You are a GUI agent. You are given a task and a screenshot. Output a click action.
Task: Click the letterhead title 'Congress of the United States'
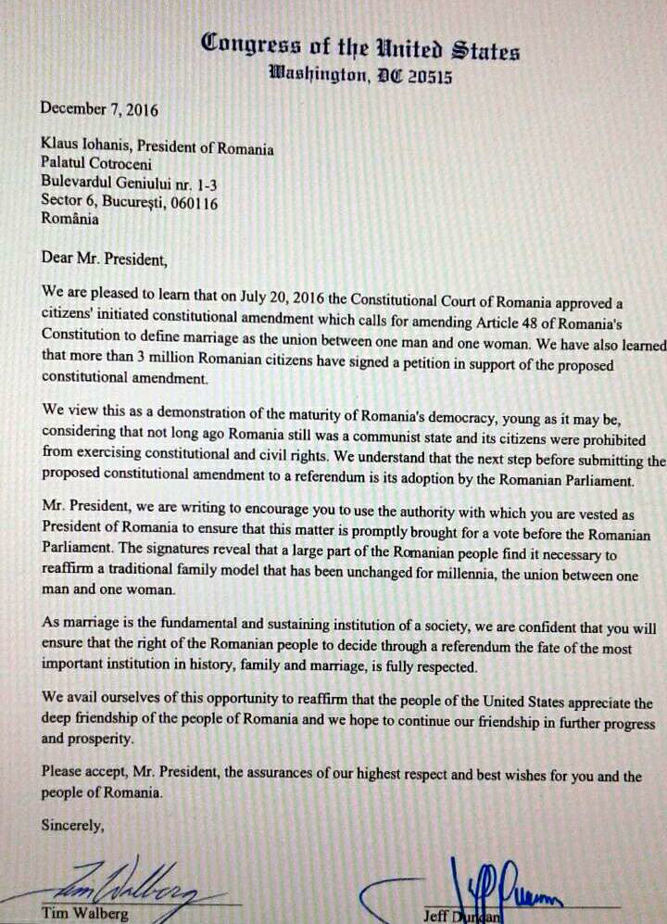pyautogui.click(x=360, y=46)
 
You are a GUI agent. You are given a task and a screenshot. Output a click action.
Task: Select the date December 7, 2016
pyautogui.click(x=99, y=109)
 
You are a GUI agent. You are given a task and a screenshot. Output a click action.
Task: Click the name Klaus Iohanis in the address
pyautogui.click(x=84, y=149)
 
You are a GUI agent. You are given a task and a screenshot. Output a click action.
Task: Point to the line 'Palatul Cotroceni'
pyautogui.click(x=95, y=167)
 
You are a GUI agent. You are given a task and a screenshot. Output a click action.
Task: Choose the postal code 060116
pyautogui.click(x=194, y=203)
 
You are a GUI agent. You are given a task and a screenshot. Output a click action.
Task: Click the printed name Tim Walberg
pyautogui.click(x=82, y=914)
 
